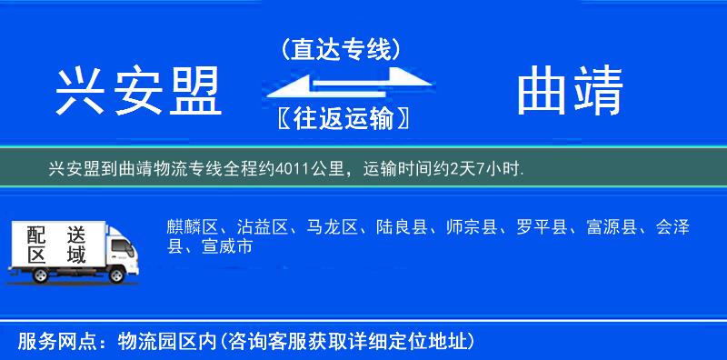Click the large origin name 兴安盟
(x=139, y=93)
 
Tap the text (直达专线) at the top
(x=341, y=49)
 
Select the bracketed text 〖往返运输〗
(x=340, y=119)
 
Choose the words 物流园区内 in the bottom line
(x=169, y=342)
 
